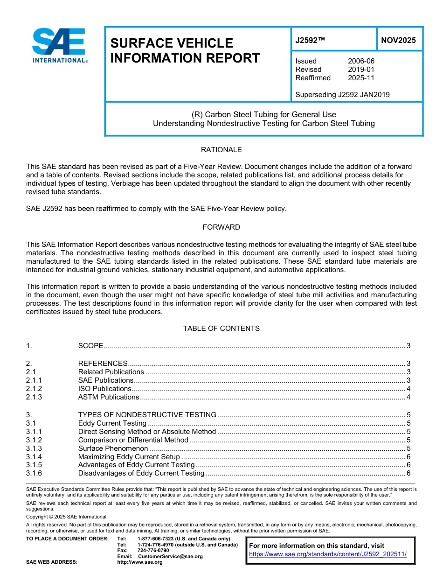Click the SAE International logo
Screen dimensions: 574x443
click(x=60, y=45)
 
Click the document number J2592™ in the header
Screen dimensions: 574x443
click(x=310, y=41)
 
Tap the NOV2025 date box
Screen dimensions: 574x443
click(x=398, y=41)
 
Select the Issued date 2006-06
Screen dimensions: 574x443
click(x=361, y=61)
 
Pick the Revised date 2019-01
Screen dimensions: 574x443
click(x=361, y=70)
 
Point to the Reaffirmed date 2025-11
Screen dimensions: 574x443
click(x=361, y=78)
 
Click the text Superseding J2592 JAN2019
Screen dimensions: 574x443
click(x=342, y=95)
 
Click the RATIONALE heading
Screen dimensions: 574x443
click(x=221, y=150)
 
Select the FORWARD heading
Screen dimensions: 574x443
click(x=221, y=227)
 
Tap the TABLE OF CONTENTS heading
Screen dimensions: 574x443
click(x=221, y=329)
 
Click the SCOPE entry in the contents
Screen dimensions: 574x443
click(x=90, y=346)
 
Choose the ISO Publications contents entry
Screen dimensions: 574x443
click(x=105, y=389)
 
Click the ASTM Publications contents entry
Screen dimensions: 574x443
click(x=109, y=397)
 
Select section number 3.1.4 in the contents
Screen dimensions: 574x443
click(x=34, y=457)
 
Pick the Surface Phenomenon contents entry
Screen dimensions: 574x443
click(x=113, y=448)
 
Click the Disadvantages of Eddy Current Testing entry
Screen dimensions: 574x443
click(x=141, y=473)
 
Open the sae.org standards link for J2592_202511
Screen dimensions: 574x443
click(x=328, y=554)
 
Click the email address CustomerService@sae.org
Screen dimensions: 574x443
click(x=170, y=556)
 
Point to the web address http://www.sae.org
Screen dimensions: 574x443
click(x=140, y=562)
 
